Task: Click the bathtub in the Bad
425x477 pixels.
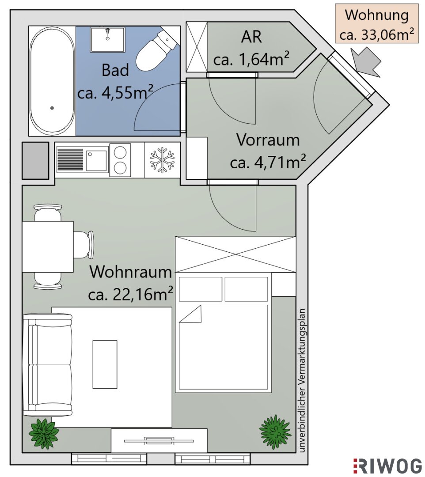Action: pos(52,80)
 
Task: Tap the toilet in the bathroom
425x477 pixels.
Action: pos(156,49)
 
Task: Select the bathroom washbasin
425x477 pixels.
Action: pos(107,39)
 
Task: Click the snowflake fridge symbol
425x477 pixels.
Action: pos(162,160)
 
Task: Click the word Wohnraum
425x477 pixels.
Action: pos(131,272)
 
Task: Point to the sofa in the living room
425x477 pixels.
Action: pos(48,365)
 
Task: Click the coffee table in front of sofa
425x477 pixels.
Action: pos(105,364)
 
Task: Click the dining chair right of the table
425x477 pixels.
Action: pos(84,245)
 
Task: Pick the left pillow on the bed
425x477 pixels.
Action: pos(200,289)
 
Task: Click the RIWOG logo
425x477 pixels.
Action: pos(387,466)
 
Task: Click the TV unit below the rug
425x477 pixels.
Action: pos(159,440)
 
